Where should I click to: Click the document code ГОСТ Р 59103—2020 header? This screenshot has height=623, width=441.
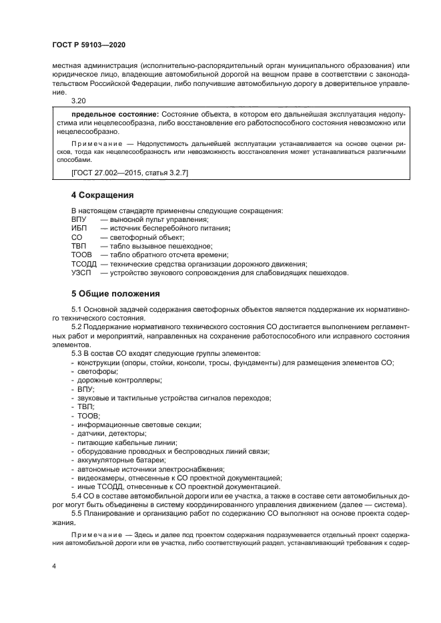click(88, 45)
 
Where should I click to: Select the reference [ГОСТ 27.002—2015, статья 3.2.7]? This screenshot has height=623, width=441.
click(130, 174)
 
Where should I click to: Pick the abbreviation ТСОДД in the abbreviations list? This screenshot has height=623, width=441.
click(83, 264)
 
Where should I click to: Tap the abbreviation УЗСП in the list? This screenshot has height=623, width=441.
click(81, 273)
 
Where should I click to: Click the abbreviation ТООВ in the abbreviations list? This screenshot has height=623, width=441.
click(81, 255)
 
